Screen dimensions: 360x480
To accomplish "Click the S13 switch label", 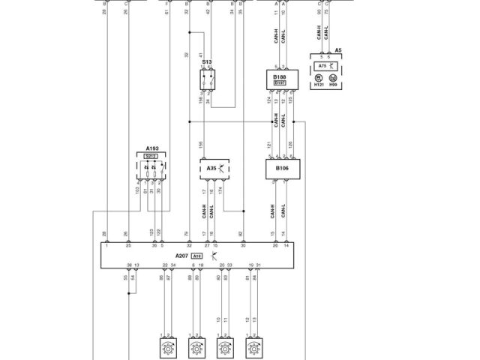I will [206, 62].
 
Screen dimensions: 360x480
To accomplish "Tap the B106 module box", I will [281, 169].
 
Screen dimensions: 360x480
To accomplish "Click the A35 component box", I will [217, 169].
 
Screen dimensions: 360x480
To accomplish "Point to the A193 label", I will [151, 148].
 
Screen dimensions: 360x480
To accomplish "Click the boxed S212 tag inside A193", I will [151, 156].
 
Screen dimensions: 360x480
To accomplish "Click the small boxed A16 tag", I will [196, 256].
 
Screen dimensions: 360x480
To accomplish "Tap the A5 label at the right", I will [338, 50].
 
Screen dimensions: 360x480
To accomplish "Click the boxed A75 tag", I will [322, 66].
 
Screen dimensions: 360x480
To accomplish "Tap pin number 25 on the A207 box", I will [128, 246].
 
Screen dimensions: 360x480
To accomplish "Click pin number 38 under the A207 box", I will [128, 265].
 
